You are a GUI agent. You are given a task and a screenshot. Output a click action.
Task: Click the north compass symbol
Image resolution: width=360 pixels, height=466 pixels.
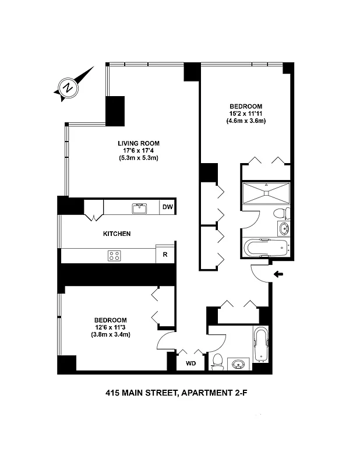point(69,88)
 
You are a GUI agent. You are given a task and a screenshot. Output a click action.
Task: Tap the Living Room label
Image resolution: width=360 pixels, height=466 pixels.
point(138,143)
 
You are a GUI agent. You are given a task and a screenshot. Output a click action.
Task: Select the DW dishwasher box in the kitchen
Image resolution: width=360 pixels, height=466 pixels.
point(167,207)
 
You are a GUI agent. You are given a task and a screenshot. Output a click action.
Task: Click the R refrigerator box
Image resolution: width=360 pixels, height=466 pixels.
point(165,255)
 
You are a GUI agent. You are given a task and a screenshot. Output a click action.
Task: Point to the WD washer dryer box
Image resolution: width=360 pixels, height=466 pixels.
point(190,363)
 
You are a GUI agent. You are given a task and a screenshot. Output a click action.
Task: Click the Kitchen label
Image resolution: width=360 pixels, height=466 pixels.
point(117,234)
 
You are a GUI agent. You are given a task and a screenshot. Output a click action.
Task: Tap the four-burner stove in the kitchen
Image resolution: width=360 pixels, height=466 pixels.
point(114,255)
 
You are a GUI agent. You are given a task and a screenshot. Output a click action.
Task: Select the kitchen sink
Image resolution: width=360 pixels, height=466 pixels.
point(139,207)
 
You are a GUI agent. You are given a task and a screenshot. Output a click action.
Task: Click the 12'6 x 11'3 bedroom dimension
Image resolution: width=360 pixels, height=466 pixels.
point(110,327)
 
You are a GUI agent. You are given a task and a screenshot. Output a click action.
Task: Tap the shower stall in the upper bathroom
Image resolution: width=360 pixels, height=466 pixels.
point(266,192)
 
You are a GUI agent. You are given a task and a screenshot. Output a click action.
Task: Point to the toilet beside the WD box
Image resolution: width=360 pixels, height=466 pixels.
point(217,362)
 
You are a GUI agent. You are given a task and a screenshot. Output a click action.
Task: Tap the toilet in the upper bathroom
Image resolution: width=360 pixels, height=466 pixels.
point(280,213)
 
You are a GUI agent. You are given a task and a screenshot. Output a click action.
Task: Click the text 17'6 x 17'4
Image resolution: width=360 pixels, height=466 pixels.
point(139,150)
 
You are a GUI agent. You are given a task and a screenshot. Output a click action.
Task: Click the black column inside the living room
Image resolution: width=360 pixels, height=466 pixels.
point(115,110)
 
